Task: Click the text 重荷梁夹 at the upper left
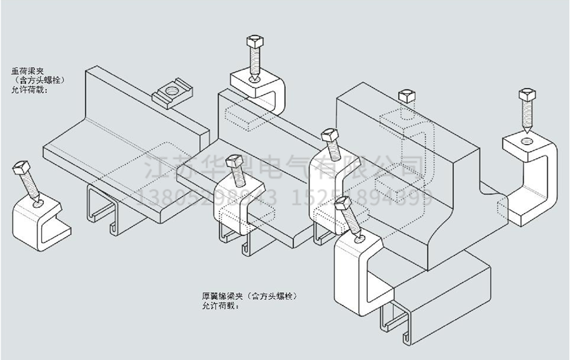tap(28, 71)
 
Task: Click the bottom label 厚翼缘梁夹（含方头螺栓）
tap(250, 296)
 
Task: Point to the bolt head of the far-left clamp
tap(20, 169)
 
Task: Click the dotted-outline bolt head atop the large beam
tap(406, 97)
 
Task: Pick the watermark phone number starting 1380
tap(206, 197)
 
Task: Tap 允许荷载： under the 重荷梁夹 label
tap(29, 90)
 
